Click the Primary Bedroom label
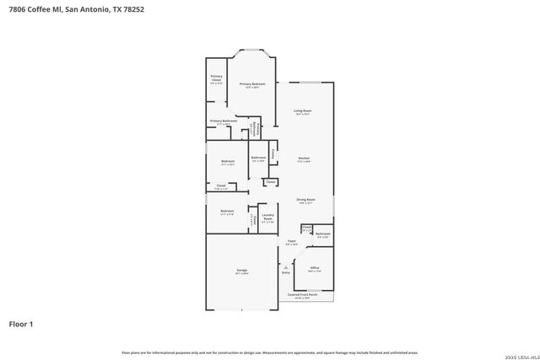pyautogui.click(x=252, y=83)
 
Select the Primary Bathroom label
pyautogui.click(x=224, y=121)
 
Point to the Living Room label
pyautogui.click(x=303, y=111)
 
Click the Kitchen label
pyautogui.click(x=304, y=159)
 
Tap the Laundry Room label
pyautogui.click(x=267, y=217)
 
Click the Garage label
pyautogui.click(x=241, y=271)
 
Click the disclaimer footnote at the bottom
pyautogui.click(x=269, y=352)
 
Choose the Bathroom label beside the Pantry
pyautogui.click(x=258, y=158)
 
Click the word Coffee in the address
pyautogui.click(x=38, y=10)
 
